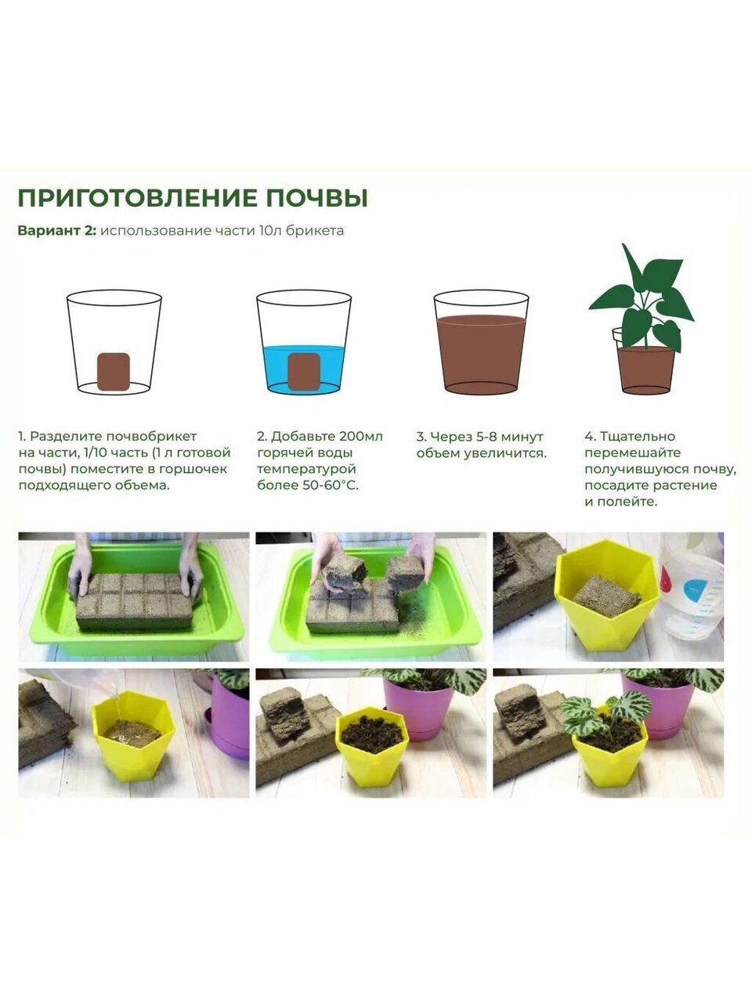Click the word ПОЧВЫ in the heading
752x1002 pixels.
click(317, 198)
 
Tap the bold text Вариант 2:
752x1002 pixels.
click(57, 230)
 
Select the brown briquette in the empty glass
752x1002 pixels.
click(114, 371)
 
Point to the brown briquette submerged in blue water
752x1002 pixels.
click(304, 371)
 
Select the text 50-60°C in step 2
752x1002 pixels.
click(330, 485)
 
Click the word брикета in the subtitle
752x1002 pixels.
click(315, 230)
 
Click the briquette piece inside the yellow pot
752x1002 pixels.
click(607, 597)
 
